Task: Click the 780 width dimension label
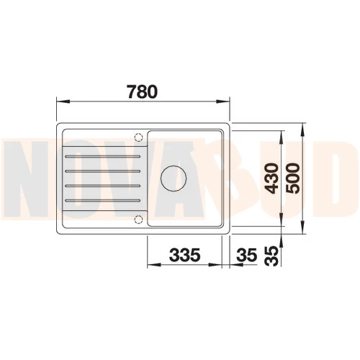143,91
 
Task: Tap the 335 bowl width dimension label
184,255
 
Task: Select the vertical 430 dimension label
273,178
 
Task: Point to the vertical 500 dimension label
293,178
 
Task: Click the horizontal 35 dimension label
246,255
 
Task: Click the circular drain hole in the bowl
174,179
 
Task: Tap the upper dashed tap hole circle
139,138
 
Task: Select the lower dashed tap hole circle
139,220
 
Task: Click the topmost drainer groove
102,156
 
